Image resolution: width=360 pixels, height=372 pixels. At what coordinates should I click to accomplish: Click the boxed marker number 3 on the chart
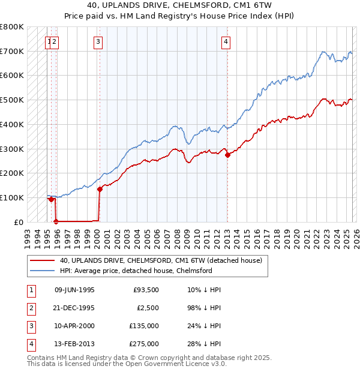tap(98, 41)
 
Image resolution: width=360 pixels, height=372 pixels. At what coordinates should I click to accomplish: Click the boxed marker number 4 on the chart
tap(226, 41)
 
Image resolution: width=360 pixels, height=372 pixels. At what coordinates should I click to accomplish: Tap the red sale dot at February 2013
tap(227, 155)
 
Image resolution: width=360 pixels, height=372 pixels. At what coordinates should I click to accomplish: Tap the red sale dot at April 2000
tap(100, 189)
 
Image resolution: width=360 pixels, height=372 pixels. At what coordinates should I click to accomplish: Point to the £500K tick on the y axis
tap(12, 100)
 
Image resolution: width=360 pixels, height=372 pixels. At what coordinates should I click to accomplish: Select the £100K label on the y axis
tap(12, 197)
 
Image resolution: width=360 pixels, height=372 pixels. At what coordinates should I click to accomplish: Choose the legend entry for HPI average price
tap(136, 271)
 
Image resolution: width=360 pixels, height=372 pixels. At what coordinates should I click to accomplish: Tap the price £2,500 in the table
tap(146, 308)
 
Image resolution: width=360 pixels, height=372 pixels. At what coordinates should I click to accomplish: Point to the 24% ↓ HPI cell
tap(204, 326)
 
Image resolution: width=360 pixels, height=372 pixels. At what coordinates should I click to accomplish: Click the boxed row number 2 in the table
tap(30, 308)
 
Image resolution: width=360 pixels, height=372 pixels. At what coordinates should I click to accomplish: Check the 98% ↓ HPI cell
tap(204, 308)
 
